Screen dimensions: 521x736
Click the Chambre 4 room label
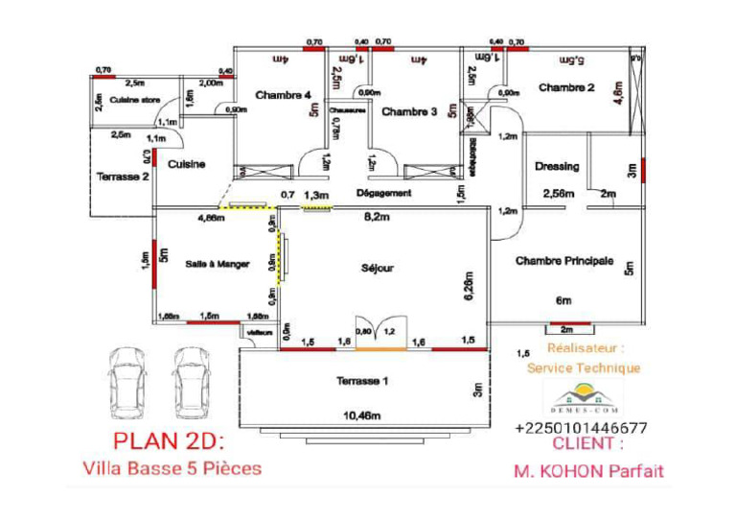pyautogui.click(x=283, y=95)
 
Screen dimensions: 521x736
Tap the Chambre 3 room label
pyautogui.click(x=409, y=112)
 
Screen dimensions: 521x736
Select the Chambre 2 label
pyautogui.click(x=566, y=88)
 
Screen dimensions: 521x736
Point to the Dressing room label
pyautogui.click(x=557, y=167)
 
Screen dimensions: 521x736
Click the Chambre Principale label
pyautogui.click(x=563, y=260)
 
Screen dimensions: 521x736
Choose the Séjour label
pyautogui.click(x=378, y=269)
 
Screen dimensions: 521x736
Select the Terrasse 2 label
pyautogui.click(x=123, y=177)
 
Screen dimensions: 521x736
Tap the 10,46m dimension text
pyautogui.click(x=362, y=416)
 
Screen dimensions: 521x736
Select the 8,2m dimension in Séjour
pyautogui.click(x=378, y=218)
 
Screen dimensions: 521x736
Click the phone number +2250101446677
pyautogui.click(x=581, y=428)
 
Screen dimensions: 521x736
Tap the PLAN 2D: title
pyautogui.click(x=168, y=442)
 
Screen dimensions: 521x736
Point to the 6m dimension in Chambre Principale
pyautogui.click(x=563, y=299)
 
